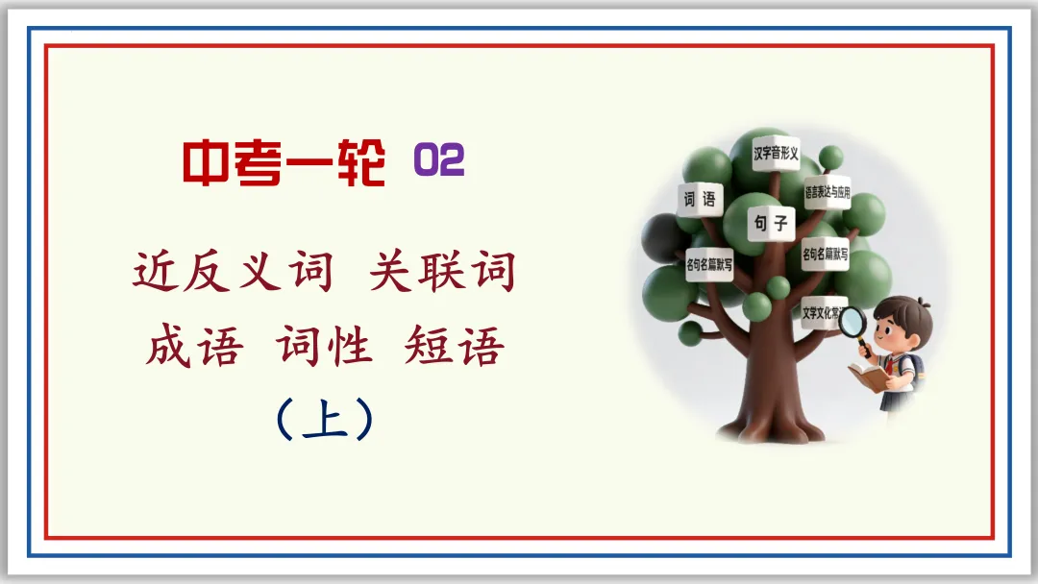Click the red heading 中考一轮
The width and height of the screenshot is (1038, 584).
(x=284, y=164)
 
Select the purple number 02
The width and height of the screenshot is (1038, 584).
(x=439, y=161)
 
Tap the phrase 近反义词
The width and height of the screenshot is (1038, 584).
(x=234, y=273)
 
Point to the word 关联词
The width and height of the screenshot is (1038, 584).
(x=443, y=273)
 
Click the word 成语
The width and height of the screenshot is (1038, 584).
(x=193, y=347)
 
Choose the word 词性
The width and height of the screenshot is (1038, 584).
(x=325, y=347)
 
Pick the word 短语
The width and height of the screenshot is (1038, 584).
(x=455, y=347)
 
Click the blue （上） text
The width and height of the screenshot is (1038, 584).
(x=324, y=421)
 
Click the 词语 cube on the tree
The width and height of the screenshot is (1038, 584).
(x=700, y=201)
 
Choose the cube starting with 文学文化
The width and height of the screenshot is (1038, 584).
(x=825, y=311)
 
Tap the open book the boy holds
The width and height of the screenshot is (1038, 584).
(x=869, y=377)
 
